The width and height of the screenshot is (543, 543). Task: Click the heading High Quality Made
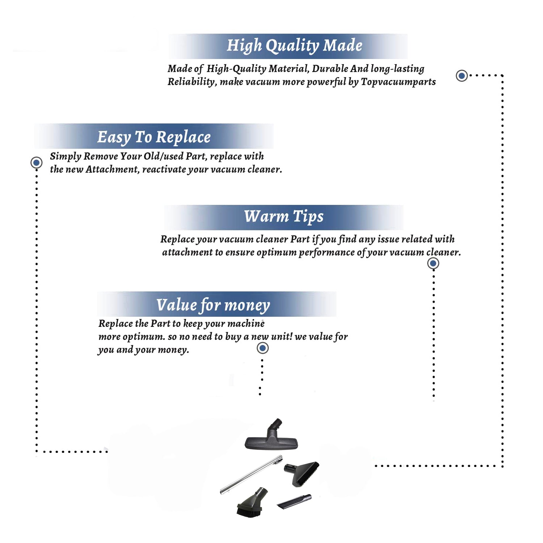point(294,46)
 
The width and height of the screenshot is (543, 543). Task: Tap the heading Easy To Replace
point(154,137)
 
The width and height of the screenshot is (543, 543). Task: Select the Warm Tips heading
point(283,216)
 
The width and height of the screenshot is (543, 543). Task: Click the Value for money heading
point(213,305)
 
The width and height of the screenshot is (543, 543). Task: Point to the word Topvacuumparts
point(398,82)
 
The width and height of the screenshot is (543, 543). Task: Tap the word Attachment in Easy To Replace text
point(112,169)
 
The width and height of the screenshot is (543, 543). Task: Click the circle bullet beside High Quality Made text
point(462,76)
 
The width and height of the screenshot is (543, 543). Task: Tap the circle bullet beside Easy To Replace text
point(36,163)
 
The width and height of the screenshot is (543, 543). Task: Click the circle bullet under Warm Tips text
point(433,263)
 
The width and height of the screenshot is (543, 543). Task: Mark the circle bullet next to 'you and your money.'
point(262,348)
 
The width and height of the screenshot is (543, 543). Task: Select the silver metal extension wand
point(251,474)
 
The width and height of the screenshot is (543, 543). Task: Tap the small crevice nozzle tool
point(294,501)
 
